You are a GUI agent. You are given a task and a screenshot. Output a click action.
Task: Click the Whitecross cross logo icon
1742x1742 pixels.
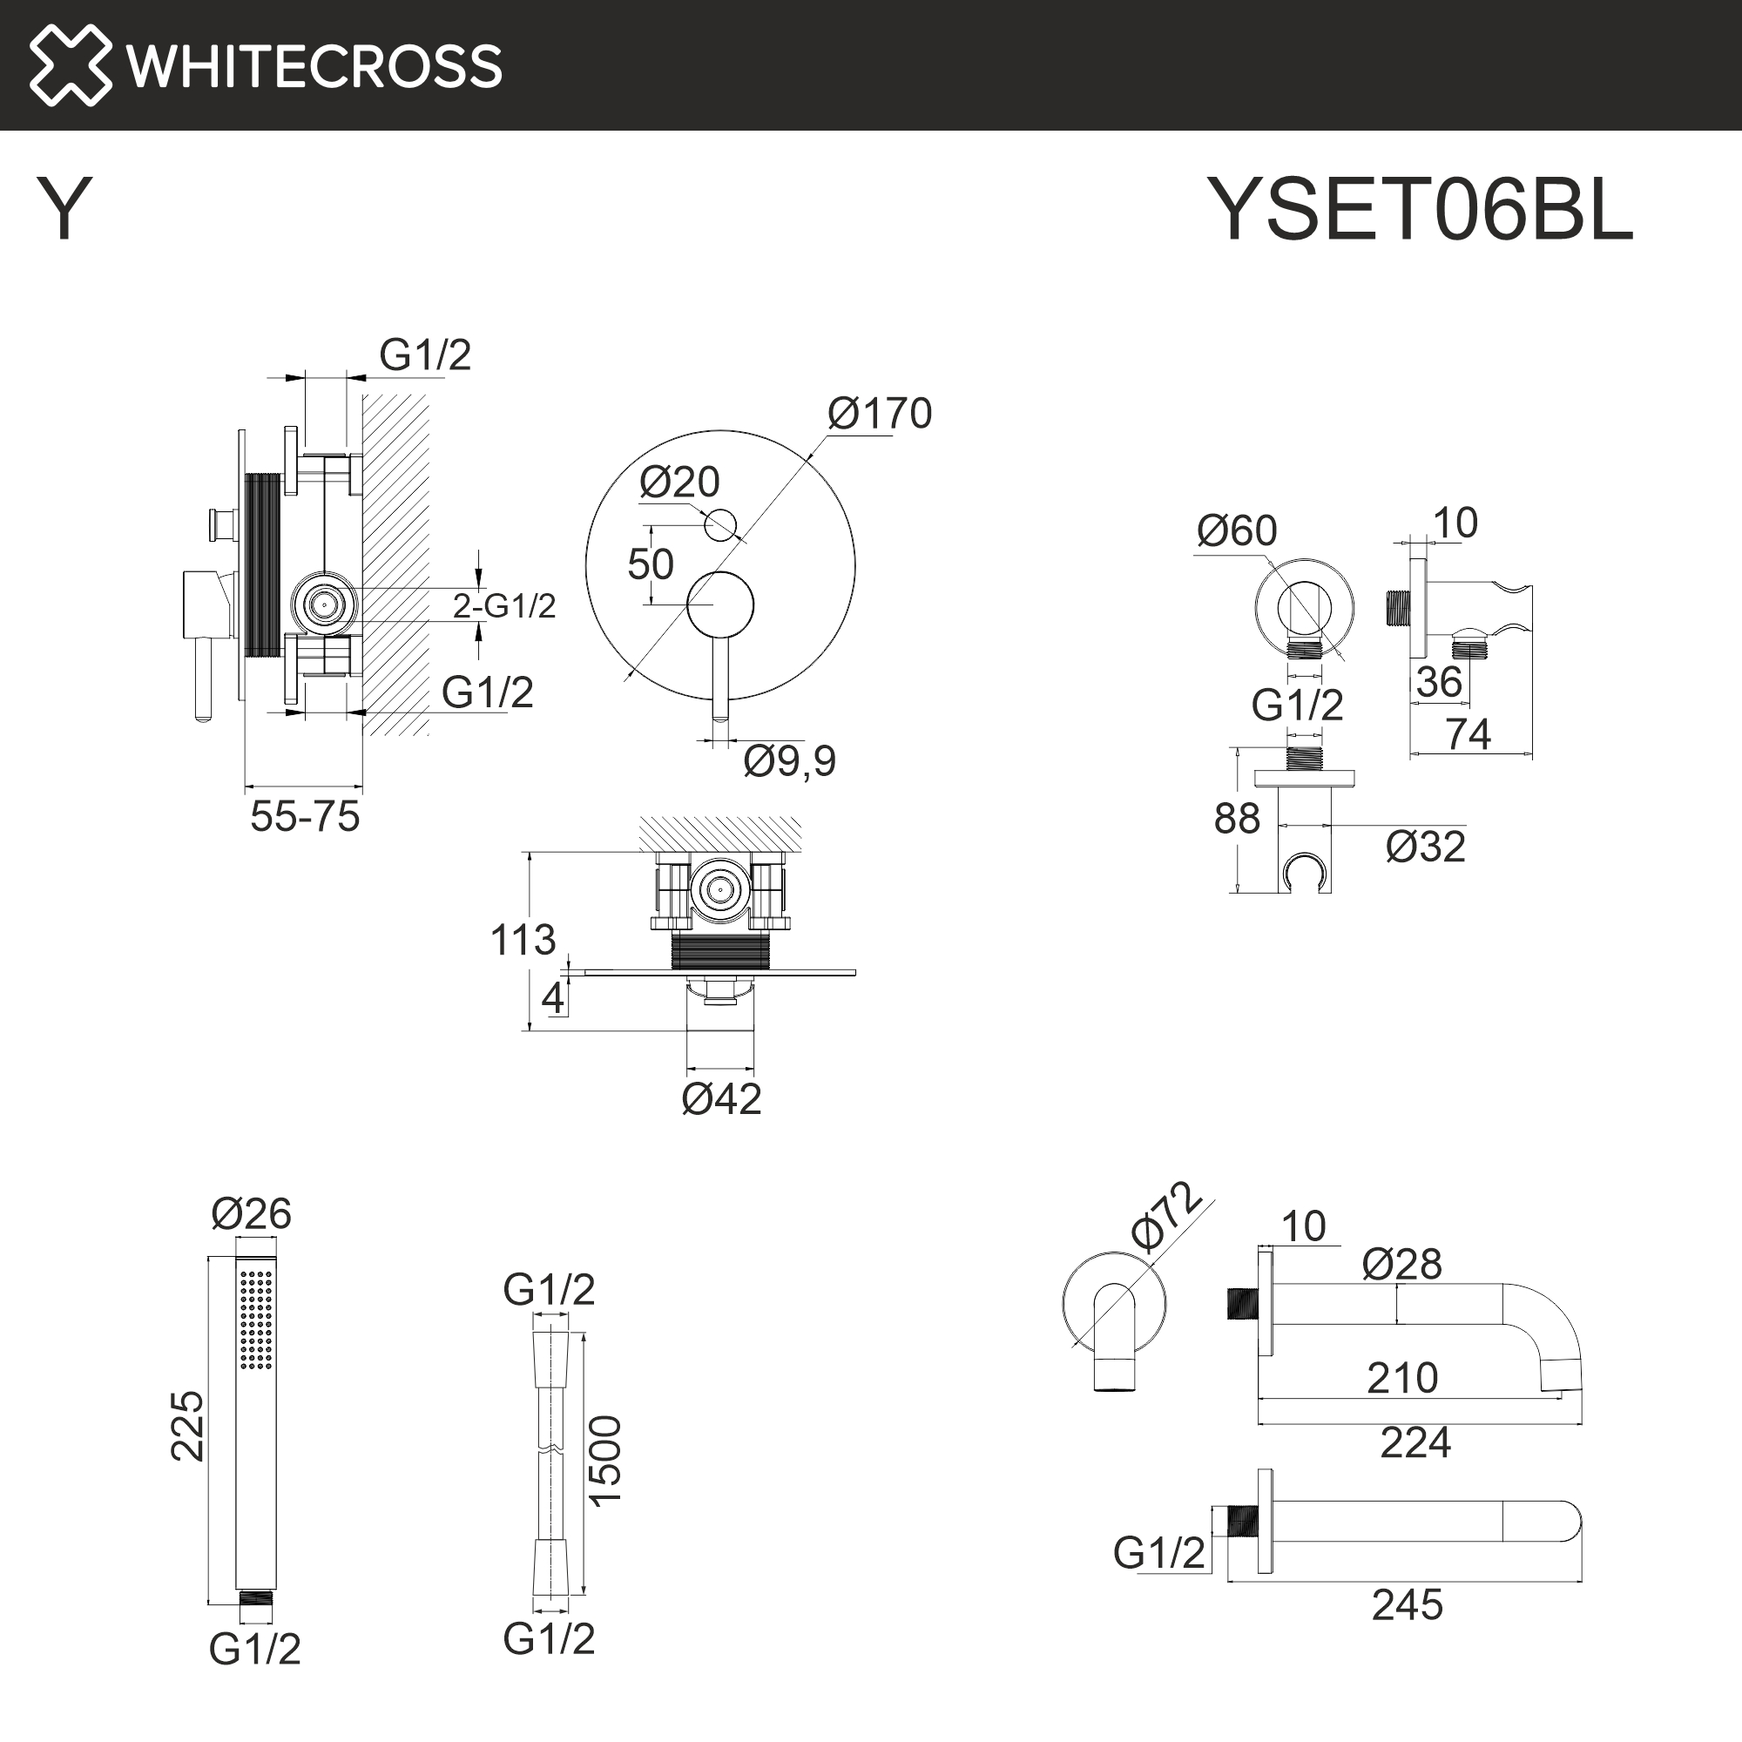pos(71,65)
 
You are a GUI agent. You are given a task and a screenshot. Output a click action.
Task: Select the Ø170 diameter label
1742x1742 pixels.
pos(879,414)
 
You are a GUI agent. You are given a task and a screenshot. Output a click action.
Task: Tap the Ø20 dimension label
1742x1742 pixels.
pos(679,483)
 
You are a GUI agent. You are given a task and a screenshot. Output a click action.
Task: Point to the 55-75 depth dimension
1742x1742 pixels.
pos(305,817)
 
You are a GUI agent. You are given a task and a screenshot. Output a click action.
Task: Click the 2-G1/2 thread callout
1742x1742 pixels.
pos(504,606)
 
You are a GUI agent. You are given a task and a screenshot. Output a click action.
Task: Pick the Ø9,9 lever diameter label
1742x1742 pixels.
pos(789,761)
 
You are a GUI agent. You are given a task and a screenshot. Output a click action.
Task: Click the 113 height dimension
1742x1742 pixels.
pos(522,941)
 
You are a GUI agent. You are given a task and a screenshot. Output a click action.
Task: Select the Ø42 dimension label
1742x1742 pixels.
pos(721,1099)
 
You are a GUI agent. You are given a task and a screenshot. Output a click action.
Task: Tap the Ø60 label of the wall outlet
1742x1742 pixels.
pos(1236,531)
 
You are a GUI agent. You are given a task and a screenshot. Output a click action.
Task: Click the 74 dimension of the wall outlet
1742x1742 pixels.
pos(1468,735)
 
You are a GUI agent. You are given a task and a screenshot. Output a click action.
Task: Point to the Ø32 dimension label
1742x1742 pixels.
pos(1425,847)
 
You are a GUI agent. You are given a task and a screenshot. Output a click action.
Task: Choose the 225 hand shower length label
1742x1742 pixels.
pos(187,1426)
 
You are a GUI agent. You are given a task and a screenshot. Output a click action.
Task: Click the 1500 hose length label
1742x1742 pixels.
pos(605,1460)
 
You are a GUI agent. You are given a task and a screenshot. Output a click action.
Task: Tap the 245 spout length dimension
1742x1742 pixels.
pos(1407,1606)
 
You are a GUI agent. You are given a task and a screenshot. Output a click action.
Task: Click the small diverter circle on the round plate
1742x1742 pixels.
pos(719,523)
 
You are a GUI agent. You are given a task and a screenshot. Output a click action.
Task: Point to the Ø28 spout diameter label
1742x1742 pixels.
pos(1401,1264)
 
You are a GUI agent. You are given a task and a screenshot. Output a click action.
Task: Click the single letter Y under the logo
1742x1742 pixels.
pos(64,208)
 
